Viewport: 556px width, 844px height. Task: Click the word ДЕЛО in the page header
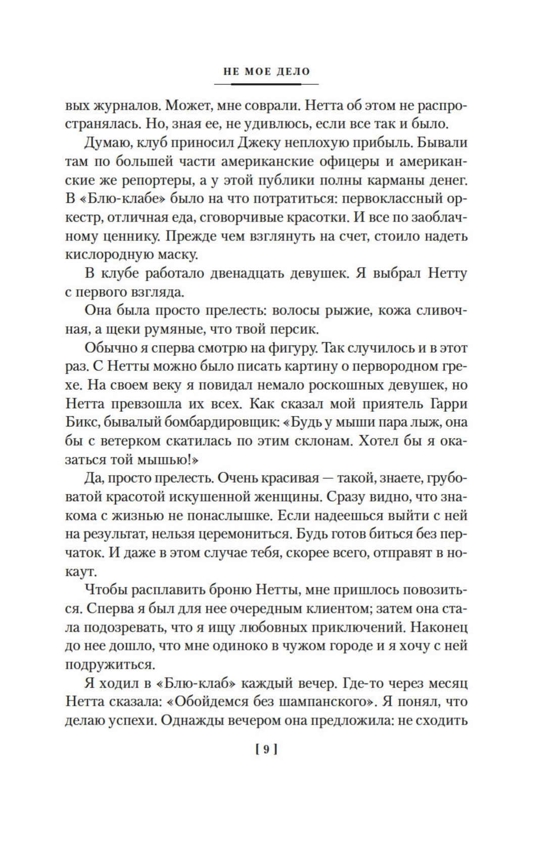tap(294, 71)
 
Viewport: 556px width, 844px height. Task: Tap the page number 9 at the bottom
tap(266, 750)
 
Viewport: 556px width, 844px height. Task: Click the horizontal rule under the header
tap(270, 84)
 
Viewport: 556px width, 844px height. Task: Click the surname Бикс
tap(82, 423)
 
